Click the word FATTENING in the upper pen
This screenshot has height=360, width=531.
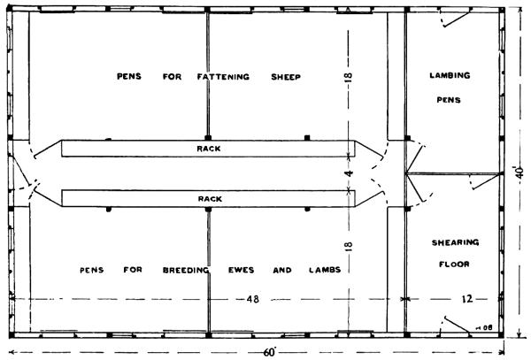pyautogui.click(x=223, y=77)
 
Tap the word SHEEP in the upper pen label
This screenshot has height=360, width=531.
pyautogui.click(x=286, y=77)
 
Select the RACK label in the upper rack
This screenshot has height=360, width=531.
pyautogui.click(x=209, y=149)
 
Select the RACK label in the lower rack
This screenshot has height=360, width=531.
pyautogui.click(x=210, y=199)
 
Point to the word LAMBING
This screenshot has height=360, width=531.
pyautogui.click(x=450, y=75)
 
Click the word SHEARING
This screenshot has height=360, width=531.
pyautogui.click(x=455, y=242)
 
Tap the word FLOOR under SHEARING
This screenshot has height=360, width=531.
pyautogui.click(x=454, y=264)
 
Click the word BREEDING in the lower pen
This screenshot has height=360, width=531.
pyautogui.click(x=186, y=270)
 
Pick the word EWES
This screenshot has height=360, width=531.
pyautogui.click(x=241, y=270)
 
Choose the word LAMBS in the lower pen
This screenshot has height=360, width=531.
pyautogui.click(x=325, y=270)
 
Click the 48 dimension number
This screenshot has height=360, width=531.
pyautogui.click(x=252, y=299)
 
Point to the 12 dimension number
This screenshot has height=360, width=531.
pyautogui.click(x=466, y=299)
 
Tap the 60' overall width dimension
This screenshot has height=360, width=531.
pyautogui.click(x=270, y=353)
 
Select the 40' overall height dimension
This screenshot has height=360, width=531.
pyautogui.click(x=520, y=172)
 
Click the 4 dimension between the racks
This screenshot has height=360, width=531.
pyautogui.click(x=349, y=173)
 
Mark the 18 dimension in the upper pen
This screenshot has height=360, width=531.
pyautogui.click(x=349, y=78)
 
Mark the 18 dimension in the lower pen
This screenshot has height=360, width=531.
pyautogui.click(x=349, y=246)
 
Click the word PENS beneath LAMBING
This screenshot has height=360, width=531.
pyautogui.click(x=449, y=100)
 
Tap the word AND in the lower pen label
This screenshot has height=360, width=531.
pyautogui.click(x=282, y=270)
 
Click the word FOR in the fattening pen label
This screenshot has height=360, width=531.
pyautogui.click(x=172, y=77)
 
